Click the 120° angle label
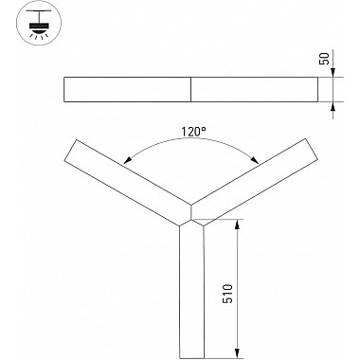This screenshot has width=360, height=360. [192, 132]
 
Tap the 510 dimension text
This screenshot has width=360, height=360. [227, 294]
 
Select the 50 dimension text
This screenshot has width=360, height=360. [324, 59]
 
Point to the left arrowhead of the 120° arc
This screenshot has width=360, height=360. [127, 160]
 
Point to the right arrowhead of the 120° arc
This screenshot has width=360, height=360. [255, 160]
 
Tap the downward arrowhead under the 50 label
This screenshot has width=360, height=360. [333, 72]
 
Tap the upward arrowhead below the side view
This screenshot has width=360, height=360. [333, 107]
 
